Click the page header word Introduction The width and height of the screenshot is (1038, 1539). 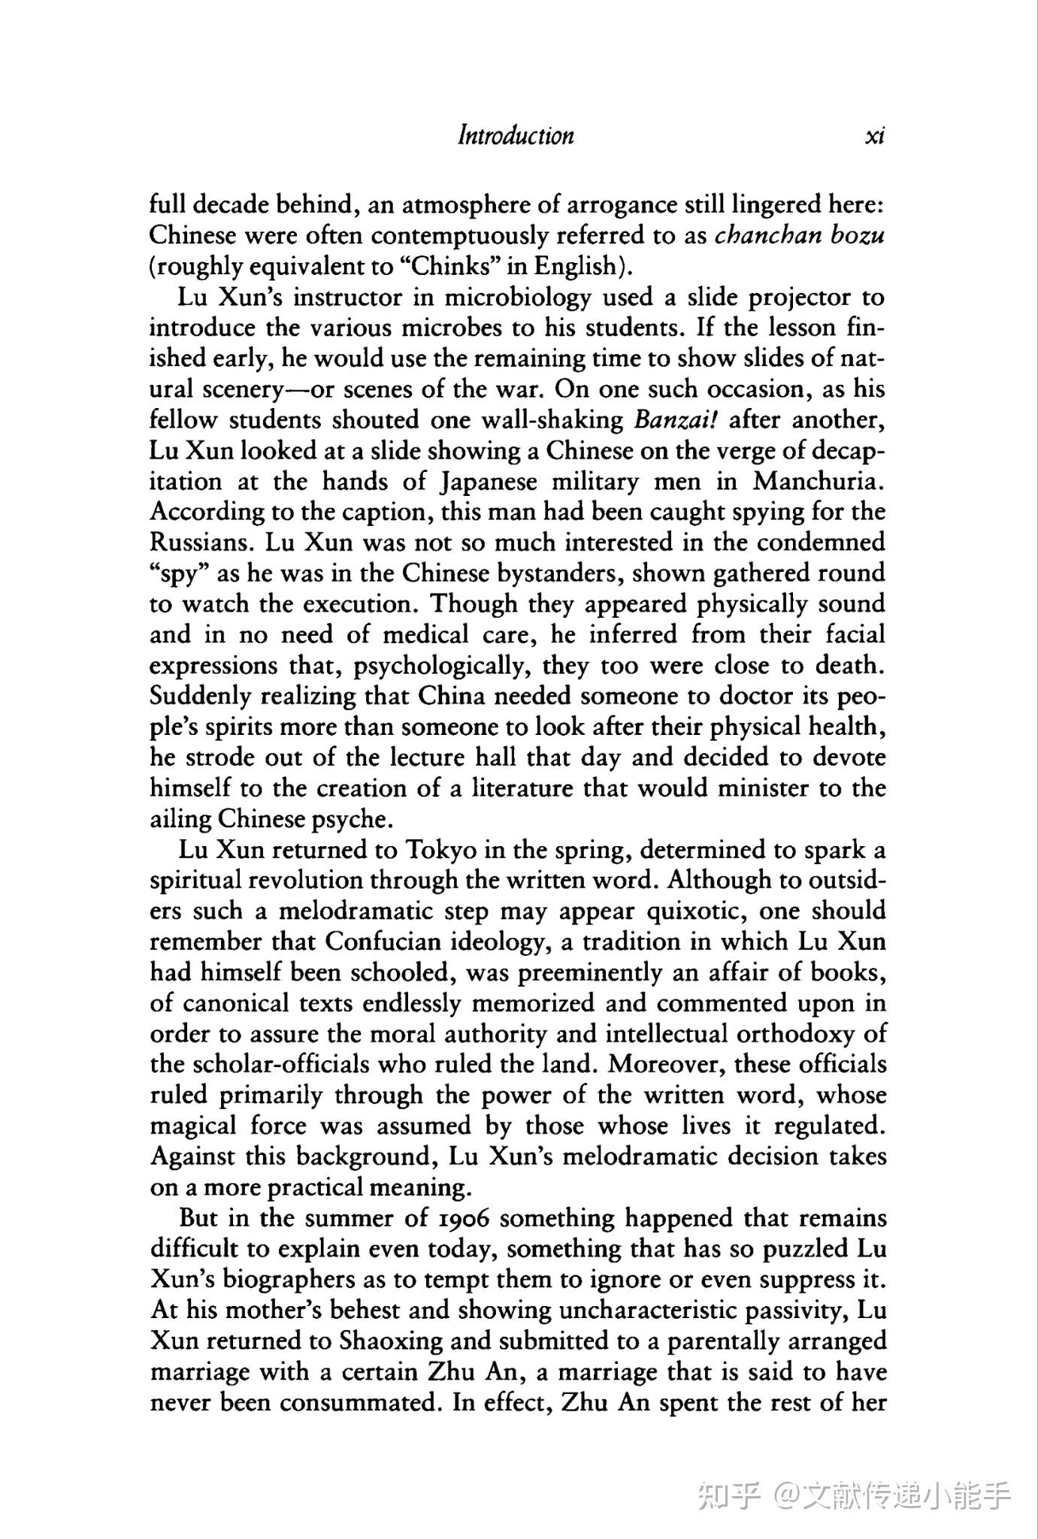516,136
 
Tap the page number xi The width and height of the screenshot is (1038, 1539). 875,136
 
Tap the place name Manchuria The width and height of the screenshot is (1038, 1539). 820,481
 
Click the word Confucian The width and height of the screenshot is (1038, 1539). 383,942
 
